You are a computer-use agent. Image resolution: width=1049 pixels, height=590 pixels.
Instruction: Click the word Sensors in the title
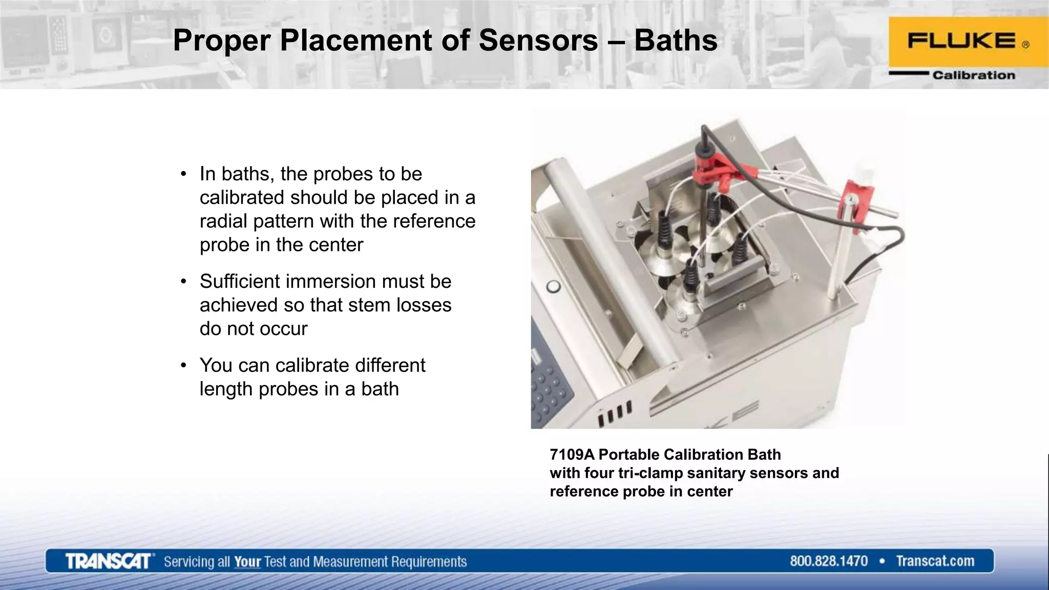coord(538,41)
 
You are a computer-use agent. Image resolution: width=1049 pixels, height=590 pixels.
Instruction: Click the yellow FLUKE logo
coord(968,42)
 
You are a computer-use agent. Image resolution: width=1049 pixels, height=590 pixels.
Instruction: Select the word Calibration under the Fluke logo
coord(973,75)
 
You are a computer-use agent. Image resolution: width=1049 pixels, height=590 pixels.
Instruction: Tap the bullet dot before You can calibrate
coord(183,366)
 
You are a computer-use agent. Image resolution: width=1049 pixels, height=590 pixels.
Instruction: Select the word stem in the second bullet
coord(366,305)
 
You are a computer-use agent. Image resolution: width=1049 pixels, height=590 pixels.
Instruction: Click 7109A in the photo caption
coord(572,454)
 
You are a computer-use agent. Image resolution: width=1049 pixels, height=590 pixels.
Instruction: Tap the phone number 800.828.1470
coord(828,561)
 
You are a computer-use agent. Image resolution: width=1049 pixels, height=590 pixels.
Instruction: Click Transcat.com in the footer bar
coord(935,561)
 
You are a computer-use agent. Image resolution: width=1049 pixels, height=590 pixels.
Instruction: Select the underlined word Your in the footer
coord(247,562)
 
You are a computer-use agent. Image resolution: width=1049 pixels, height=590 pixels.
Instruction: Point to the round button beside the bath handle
coord(553,286)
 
